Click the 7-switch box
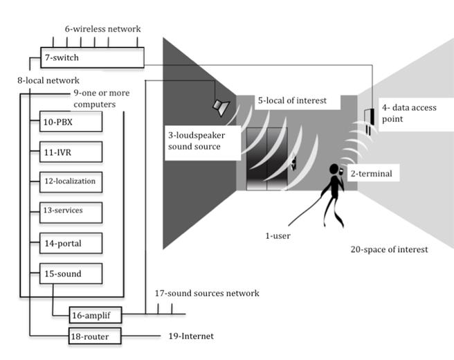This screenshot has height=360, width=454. [92, 57]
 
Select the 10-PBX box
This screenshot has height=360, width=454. [71, 122]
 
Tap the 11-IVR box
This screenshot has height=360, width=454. [71, 152]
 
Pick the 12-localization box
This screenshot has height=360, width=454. [71, 182]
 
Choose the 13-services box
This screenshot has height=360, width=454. [71, 213]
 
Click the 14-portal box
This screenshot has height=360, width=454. [71, 243]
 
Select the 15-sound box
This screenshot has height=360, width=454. [71, 273]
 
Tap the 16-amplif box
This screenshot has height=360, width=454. [96, 315]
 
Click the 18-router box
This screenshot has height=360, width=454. [95, 336]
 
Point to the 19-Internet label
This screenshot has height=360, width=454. [191, 336]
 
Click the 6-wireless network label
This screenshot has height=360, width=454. [103, 28]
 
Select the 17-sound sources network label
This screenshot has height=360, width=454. [207, 293]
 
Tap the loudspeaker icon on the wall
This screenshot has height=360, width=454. [221, 107]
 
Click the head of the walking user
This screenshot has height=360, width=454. [334, 169]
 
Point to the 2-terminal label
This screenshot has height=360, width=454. [372, 174]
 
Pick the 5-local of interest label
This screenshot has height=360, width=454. [292, 100]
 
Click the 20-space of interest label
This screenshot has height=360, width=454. [389, 249]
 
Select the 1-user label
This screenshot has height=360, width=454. [278, 236]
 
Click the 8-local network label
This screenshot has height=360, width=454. [48, 80]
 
